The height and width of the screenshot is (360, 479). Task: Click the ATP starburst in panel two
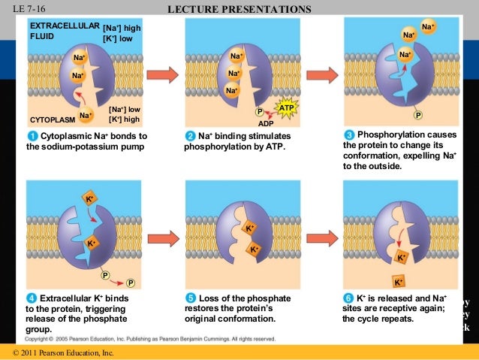point(286,108)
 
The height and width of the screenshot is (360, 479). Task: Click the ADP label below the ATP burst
point(265,123)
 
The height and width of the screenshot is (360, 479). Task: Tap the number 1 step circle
point(32,135)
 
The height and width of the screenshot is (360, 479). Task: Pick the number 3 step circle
point(348,135)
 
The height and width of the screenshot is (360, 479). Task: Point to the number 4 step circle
point(32,298)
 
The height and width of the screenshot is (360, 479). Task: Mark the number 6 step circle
point(348,298)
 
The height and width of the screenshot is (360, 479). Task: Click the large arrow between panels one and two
point(162,74)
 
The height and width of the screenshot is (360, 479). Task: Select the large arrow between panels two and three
point(320,74)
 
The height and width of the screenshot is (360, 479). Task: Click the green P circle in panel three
point(419,115)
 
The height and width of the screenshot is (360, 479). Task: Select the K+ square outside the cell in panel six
point(398,283)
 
